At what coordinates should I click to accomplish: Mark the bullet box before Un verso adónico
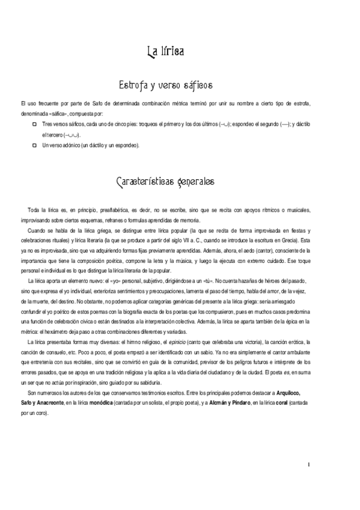[x=34, y=145]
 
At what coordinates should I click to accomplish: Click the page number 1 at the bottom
[x=308, y=464]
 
